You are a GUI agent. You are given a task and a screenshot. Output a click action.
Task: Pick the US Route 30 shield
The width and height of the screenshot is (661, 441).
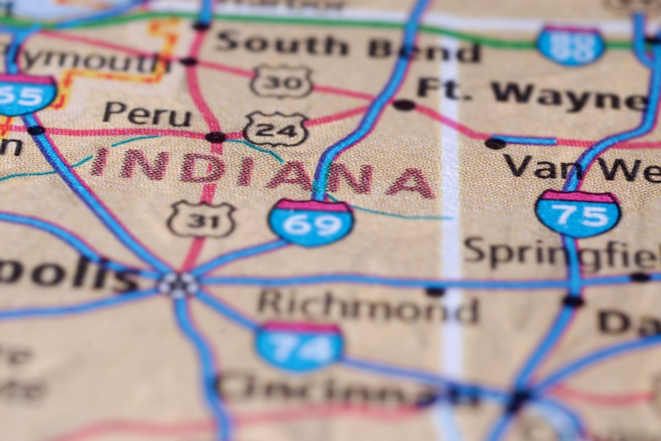281,82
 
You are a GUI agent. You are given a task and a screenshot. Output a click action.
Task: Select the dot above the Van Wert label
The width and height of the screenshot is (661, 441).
495,143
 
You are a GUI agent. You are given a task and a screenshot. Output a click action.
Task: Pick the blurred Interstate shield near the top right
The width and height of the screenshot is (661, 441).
571,44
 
